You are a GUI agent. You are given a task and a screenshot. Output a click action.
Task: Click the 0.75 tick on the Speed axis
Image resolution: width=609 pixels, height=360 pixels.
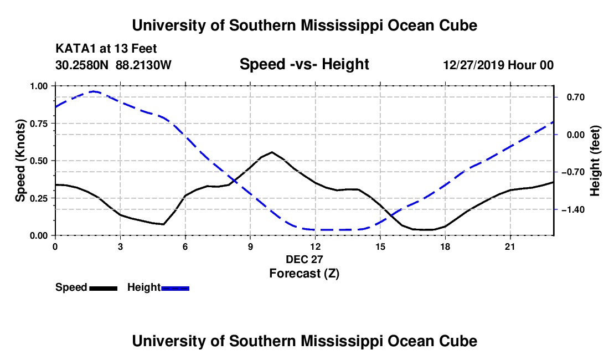pos(39,124)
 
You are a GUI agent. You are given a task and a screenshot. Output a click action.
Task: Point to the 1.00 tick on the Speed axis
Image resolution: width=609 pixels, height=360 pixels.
pos(39,86)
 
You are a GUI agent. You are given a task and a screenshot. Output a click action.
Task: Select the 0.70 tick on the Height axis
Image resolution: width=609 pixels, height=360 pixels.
pos(576,97)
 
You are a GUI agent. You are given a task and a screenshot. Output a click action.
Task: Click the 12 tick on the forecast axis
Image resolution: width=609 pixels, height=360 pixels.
pos(316,246)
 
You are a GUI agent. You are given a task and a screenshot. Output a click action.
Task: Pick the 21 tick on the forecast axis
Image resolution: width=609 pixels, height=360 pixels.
pos(510,246)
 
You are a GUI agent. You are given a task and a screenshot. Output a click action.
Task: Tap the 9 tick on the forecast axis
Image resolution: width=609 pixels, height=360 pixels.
pos(250,246)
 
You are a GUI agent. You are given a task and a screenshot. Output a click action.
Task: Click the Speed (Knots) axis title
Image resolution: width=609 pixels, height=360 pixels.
pos(20,161)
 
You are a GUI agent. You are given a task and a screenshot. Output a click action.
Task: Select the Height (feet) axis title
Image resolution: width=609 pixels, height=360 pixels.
pos(595,161)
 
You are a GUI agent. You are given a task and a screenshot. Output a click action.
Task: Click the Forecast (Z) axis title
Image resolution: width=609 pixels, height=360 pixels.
pos(304,274)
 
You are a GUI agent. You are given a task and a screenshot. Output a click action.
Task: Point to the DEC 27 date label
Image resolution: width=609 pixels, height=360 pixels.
pos(304,259)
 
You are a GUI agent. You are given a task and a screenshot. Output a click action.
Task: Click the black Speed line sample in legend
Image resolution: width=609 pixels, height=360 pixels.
pos(104,288)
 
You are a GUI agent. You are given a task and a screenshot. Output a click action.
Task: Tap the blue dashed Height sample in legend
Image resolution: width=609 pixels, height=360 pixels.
pos(175,288)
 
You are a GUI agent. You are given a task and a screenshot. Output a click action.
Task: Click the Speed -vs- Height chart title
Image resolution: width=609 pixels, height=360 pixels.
pos(304,64)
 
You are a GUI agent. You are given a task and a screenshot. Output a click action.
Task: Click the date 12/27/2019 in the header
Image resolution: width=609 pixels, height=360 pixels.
pos(474,65)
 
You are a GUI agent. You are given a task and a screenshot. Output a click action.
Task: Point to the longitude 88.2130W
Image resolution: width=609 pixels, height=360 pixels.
pos(143,65)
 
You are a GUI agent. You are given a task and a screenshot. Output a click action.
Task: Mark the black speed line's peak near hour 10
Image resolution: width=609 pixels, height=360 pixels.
pos(272,152)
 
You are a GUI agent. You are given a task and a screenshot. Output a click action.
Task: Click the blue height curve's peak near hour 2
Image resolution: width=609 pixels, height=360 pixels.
pos(94,91)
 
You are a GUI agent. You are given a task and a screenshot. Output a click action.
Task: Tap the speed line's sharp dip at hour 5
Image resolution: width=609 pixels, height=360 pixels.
pos(163,224)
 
